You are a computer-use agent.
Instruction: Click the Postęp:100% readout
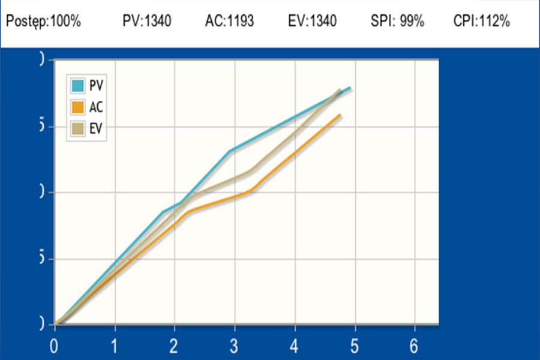43,22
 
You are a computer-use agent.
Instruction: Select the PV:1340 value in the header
147,22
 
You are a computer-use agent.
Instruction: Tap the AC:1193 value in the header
229,22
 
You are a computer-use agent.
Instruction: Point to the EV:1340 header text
312,22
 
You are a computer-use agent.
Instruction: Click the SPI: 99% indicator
397,22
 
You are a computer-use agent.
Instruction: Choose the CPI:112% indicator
482,22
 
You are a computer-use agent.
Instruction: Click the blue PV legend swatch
77,86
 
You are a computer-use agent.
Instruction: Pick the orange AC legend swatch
77,107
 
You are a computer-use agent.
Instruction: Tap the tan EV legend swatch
77,129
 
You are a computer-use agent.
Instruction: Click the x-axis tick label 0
55,346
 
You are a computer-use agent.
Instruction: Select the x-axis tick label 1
115,346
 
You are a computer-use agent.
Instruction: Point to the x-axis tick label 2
175,346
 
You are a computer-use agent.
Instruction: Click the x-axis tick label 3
235,346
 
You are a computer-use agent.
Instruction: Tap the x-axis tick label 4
295,346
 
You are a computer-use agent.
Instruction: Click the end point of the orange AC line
340,115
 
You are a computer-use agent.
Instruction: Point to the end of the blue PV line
350,88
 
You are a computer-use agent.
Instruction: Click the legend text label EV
95,129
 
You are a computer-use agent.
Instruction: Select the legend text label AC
95,107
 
